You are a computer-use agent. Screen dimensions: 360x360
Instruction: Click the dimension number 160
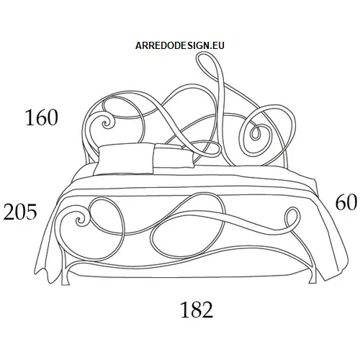[x=42, y=117]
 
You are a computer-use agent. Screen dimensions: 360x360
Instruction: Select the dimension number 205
[x=20, y=212]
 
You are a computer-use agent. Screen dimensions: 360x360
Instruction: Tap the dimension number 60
[x=346, y=202]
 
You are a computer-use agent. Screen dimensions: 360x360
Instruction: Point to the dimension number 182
[x=197, y=310]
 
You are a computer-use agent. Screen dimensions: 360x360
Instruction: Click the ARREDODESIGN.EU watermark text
[x=180, y=45]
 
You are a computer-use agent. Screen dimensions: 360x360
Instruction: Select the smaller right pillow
[x=174, y=156]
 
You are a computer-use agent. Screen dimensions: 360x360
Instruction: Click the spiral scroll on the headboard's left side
[x=105, y=123]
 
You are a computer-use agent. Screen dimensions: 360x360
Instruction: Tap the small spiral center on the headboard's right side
[x=255, y=134]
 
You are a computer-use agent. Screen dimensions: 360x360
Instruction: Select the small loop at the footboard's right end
[x=292, y=217]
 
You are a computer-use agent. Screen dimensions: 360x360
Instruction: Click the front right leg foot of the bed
[x=312, y=279]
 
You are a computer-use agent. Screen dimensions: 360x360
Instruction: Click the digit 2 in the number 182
[x=207, y=310]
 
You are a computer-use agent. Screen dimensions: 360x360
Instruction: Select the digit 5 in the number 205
[x=32, y=212]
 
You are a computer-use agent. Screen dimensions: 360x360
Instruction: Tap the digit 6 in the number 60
[x=341, y=202]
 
